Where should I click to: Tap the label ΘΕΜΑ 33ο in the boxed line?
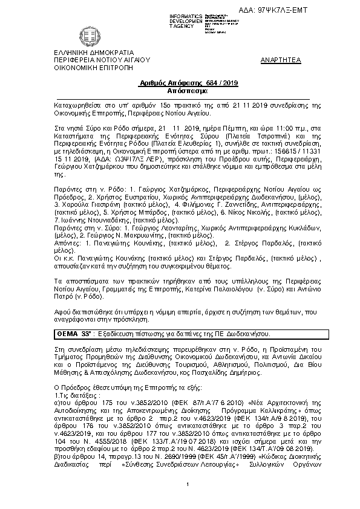pyautogui.click(x=74, y=333)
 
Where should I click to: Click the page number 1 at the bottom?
pyautogui.click(x=188, y=501)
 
